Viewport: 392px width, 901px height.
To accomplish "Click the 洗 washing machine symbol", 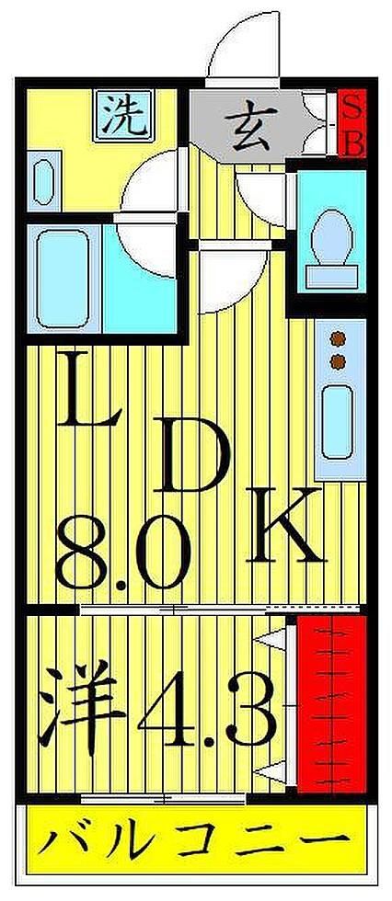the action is click(123, 115).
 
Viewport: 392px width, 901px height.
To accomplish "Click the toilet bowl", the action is click(331, 236).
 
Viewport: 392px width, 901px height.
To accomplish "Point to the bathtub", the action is click(61, 278).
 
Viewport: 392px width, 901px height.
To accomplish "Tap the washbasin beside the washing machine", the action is click(43, 182).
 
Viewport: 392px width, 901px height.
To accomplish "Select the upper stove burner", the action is click(338, 339).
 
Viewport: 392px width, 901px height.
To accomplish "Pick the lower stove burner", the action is click(338, 361).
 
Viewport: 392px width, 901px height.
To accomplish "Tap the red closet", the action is click(331, 703).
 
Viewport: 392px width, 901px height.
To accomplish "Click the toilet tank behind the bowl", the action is click(331, 277).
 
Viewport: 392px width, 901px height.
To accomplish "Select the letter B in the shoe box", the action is click(353, 143).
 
